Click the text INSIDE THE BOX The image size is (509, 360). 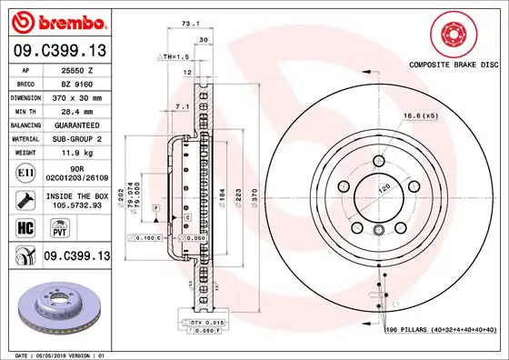coord(78,194)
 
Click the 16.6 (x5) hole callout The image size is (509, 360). coord(419,115)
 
